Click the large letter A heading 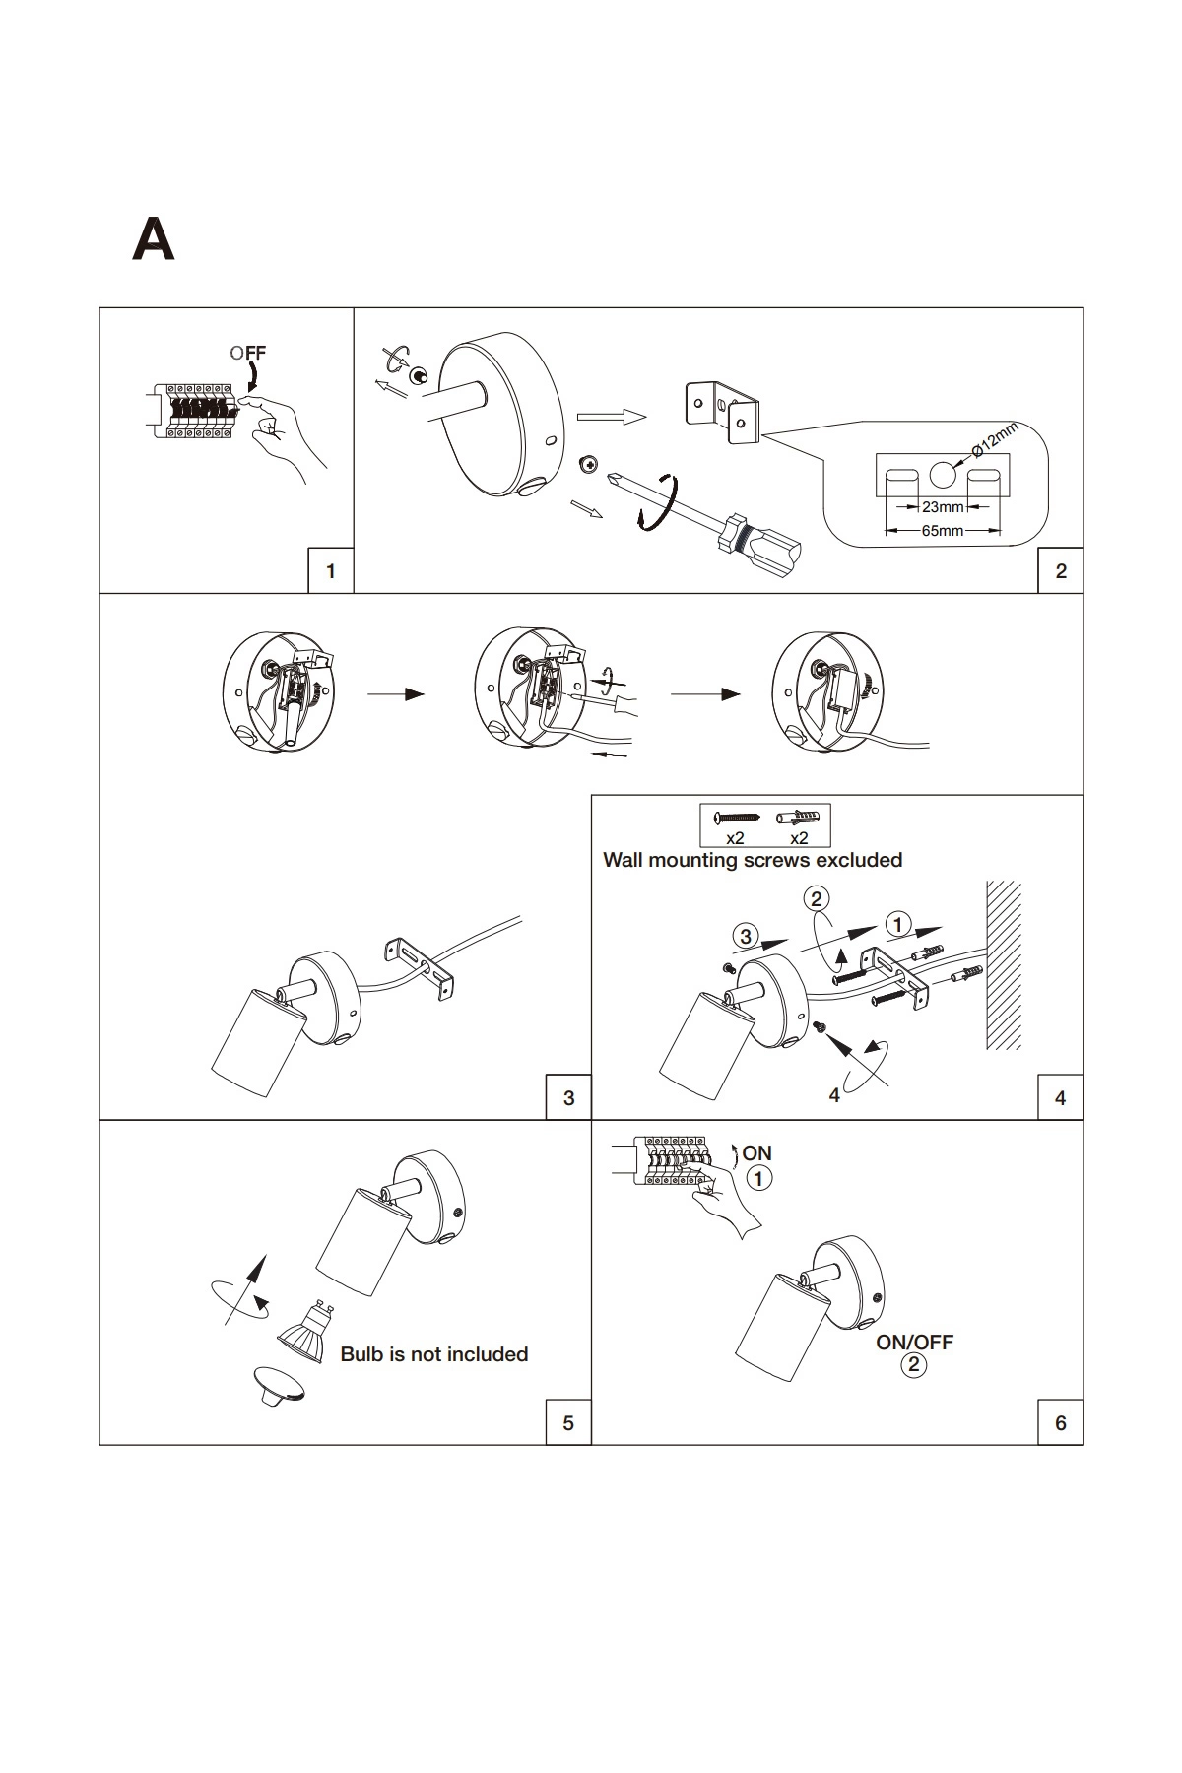coord(153,239)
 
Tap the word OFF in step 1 coord(248,353)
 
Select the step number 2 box coord(1060,570)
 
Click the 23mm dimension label coord(943,508)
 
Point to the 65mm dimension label coord(943,531)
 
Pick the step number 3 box coord(568,1097)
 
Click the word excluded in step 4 coord(857,860)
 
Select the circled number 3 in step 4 coord(746,935)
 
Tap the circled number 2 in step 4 coord(816,898)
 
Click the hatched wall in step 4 coord(1003,965)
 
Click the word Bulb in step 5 coord(361,1354)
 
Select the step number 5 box coord(568,1422)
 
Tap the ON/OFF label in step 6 coord(915,1342)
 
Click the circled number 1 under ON coord(758,1178)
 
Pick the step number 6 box coord(1060,1422)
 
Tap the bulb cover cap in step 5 coord(279,1383)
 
